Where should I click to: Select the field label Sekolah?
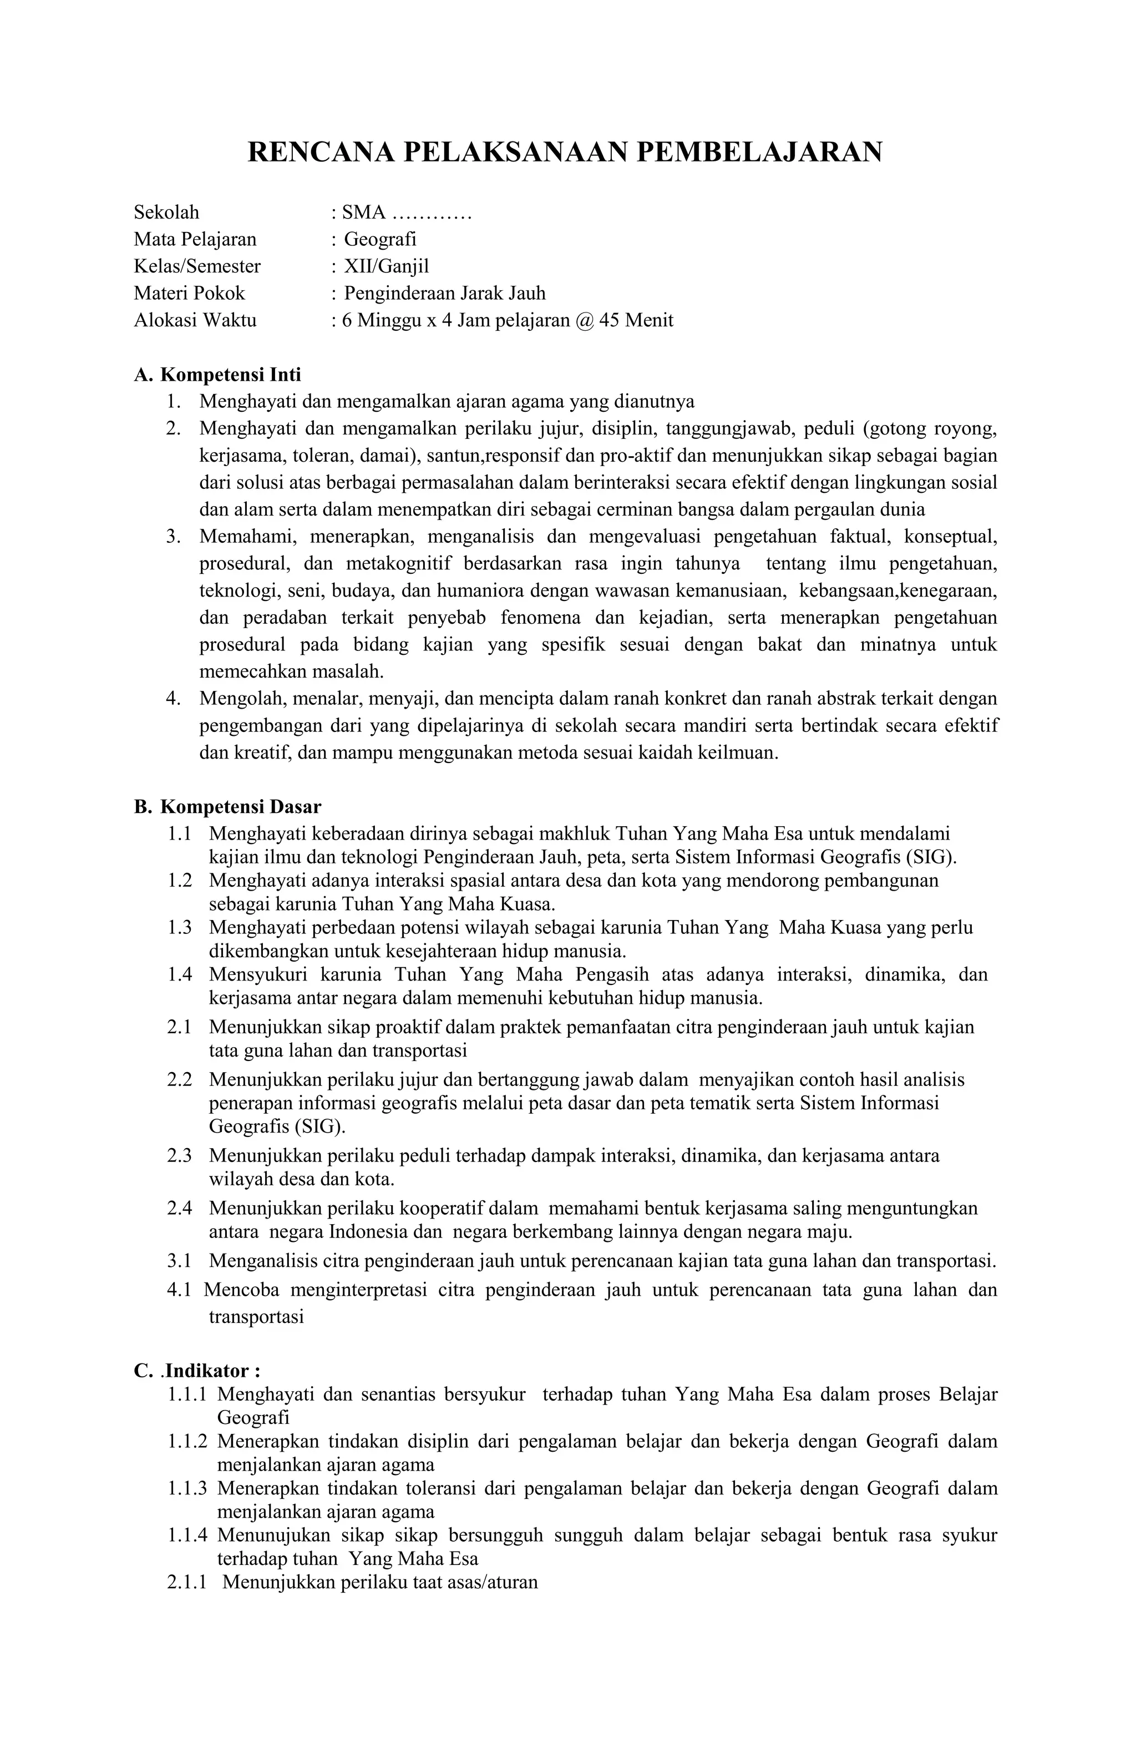[166, 213]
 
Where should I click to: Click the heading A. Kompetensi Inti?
[217, 375]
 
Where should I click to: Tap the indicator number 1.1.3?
[187, 1488]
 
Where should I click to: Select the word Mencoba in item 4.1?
[241, 1290]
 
